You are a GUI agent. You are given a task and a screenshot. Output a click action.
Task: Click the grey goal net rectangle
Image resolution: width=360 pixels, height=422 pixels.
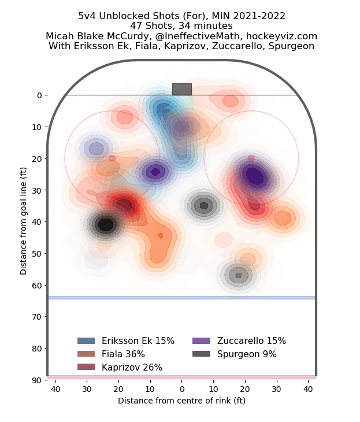(x=181, y=89)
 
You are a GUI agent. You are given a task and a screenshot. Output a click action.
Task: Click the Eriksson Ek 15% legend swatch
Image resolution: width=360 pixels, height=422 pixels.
(x=86, y=341)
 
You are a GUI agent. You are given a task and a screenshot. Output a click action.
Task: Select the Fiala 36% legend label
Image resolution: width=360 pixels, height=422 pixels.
(x=123, y=354)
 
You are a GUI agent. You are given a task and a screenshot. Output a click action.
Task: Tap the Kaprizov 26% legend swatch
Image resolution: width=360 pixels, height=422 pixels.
(x=86, y=368)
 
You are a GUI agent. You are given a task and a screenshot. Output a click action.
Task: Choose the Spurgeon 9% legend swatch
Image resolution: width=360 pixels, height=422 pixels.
(x=201, y=354)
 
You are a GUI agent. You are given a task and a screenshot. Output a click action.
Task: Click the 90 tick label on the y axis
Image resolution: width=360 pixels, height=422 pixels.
(x=36, y=380)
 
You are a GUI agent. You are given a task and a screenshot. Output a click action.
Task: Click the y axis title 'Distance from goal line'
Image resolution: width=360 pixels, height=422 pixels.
(x=24, y=221)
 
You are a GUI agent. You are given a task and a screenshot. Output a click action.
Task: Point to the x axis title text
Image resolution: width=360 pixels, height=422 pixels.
(x=181, y=401)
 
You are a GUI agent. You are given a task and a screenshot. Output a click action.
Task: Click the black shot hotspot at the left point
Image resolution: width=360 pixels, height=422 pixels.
(x=105, y=224)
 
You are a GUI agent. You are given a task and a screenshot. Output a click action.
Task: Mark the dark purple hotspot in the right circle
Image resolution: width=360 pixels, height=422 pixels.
(x=254, y=175)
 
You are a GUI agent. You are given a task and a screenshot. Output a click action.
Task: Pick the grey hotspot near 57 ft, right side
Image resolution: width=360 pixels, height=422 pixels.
(x=239, y=275)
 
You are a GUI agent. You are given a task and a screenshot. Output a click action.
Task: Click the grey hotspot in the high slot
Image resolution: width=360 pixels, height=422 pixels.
(x=203, y=205)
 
